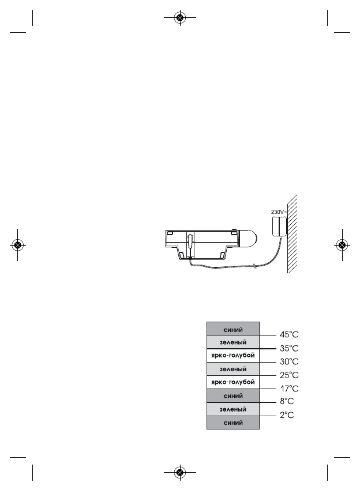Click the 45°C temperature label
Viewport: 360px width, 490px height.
(x=289, y=335)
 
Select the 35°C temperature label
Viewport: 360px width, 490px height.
(x=289, y=348)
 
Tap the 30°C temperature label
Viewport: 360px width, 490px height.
(x=289, y=361)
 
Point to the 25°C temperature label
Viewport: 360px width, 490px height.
(x=289, y=375)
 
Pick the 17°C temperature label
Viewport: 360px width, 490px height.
(x=289, y=389)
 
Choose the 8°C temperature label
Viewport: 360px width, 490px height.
(x=287, y=401)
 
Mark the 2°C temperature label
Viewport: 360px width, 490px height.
(x=287, y=415)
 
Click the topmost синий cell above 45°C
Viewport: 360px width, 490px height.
(x=233, y=329)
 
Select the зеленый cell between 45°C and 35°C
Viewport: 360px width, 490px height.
(x=233, y=342)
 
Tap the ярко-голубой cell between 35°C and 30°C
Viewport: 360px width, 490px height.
(x=233, y=356)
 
